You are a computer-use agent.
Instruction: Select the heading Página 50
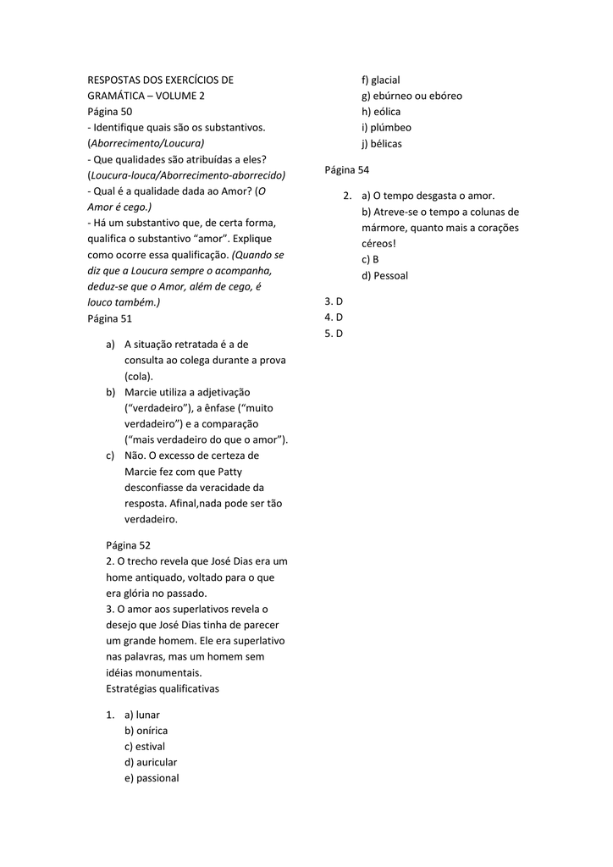110,112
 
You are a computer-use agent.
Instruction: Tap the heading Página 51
110,319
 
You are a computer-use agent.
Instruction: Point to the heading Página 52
128,545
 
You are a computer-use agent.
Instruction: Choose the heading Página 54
347,170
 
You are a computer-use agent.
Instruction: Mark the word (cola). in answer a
139,376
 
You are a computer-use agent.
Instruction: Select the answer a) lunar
141,715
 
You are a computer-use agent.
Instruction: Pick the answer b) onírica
146,731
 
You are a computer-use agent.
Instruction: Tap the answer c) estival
145,747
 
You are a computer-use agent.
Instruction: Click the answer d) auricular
151,762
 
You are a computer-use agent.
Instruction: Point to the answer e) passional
152,778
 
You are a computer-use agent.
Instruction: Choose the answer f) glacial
380,80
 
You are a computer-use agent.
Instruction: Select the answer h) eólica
381,112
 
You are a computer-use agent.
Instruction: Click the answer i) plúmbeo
386,127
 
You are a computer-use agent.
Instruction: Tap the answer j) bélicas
382,143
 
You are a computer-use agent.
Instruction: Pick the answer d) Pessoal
384,275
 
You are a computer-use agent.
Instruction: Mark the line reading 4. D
334,317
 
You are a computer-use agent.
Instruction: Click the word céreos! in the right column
378,244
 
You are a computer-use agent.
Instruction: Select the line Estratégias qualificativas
163,688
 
